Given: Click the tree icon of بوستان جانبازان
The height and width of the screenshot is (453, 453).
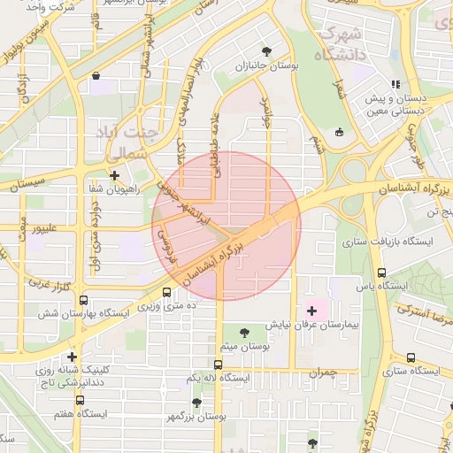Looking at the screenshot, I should [x=267, y=51].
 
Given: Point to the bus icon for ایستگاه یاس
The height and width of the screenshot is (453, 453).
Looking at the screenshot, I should [x=381, y=273].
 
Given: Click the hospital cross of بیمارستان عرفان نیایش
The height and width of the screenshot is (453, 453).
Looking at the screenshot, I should [x=311, y=310].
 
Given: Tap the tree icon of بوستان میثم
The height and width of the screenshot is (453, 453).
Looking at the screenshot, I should [x=244, y=333].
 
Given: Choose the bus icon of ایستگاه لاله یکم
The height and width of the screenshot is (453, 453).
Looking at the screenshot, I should [x=219, y=364].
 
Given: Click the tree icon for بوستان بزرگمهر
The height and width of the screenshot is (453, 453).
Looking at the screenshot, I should [x=196, y=403].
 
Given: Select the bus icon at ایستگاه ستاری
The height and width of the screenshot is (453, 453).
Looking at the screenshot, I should [x=410, y=357].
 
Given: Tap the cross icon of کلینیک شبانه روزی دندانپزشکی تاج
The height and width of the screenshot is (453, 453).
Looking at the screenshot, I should [x=73, y=357].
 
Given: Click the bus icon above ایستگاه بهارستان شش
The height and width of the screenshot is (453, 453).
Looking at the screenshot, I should [x=84, y=300].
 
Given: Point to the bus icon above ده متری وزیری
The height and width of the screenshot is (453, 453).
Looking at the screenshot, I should [x=167, y=292].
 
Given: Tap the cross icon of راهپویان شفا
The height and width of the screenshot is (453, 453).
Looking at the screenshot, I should [x=114, y=175].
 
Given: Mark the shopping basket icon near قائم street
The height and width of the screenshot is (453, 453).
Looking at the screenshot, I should [x=95, y=76].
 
